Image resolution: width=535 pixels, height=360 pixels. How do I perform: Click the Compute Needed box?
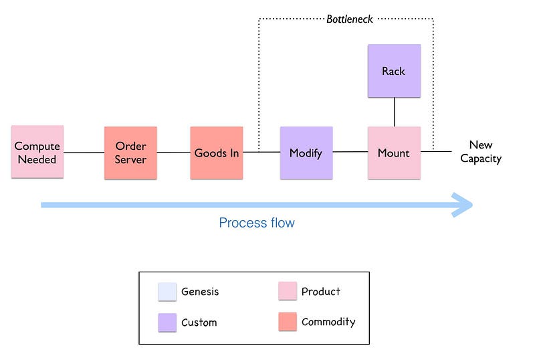click(37, 153)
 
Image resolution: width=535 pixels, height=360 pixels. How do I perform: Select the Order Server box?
click(130, 153)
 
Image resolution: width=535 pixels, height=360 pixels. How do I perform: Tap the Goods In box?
click(216, 153)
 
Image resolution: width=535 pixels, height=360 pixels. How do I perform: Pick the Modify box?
click(306, 153)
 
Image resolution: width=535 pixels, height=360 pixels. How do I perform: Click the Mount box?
click(394, 153)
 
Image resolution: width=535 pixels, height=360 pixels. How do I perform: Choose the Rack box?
click(394, 71)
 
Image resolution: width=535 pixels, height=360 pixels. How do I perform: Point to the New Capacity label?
click(480, 152)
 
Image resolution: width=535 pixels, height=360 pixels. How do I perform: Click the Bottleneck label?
click(350, 19)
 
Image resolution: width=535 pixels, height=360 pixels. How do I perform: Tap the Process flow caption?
click(257, 223)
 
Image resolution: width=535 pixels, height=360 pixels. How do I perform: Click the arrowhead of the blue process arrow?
click(463, 205)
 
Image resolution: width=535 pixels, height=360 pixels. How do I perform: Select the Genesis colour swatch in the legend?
click(167, 292)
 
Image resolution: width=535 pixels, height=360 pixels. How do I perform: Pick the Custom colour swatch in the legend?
click(167, 323)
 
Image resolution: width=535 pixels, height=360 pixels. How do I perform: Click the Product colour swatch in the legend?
click(288, 292)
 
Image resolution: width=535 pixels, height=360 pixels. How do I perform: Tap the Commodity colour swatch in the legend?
click(288, 323)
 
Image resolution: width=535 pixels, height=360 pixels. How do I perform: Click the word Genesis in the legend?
click(200, 292)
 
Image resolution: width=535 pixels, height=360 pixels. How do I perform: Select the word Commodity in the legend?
click(328, 322)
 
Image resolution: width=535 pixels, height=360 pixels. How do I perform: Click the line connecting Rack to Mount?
click(394, 112)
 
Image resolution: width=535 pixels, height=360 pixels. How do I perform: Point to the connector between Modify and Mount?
click(350, 152)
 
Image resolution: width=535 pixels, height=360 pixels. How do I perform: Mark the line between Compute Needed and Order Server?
click(84, 153)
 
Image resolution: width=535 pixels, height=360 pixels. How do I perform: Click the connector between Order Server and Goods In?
click(173, 152)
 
